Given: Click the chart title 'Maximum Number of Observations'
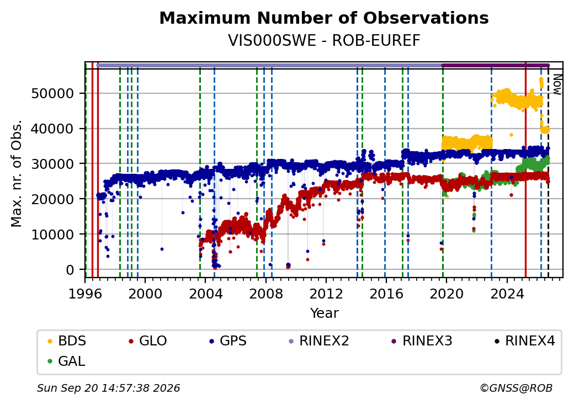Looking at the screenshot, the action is click(x=324, y=18).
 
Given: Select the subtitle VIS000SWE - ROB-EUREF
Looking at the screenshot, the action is click(x=324, y=41).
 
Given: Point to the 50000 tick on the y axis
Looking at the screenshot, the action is click(x=53, y=94).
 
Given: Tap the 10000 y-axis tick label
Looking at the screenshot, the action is click(x=53, y=235).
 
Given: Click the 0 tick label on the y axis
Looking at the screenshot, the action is click(x=70, y=270).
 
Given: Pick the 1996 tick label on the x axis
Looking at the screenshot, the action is click(x=85, y=294).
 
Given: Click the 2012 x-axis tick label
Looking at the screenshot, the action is click(x=326, y=294).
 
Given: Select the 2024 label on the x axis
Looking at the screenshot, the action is click(x=507, y=294).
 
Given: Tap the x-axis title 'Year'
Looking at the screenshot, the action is click(x=325, y=313).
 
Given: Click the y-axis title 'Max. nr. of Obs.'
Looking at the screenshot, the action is click(x=17, y=173).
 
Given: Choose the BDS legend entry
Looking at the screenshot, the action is click(x=67, y=341).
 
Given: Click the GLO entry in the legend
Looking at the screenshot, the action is click(x=148, y=341).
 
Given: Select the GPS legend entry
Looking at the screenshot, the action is click(x=228, y=341).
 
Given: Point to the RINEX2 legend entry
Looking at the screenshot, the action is click(x=319, y=341).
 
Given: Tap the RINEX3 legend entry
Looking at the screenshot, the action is click(x=422, y=341).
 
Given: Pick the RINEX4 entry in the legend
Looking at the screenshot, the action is click(x=525, y=341).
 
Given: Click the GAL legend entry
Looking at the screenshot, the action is click(x=67, y=361).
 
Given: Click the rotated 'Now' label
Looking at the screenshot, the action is click(x=557, y=84).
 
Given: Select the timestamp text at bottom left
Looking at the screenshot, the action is click(x=108, y=388).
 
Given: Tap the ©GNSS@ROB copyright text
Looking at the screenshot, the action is click(x=516, y=388).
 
